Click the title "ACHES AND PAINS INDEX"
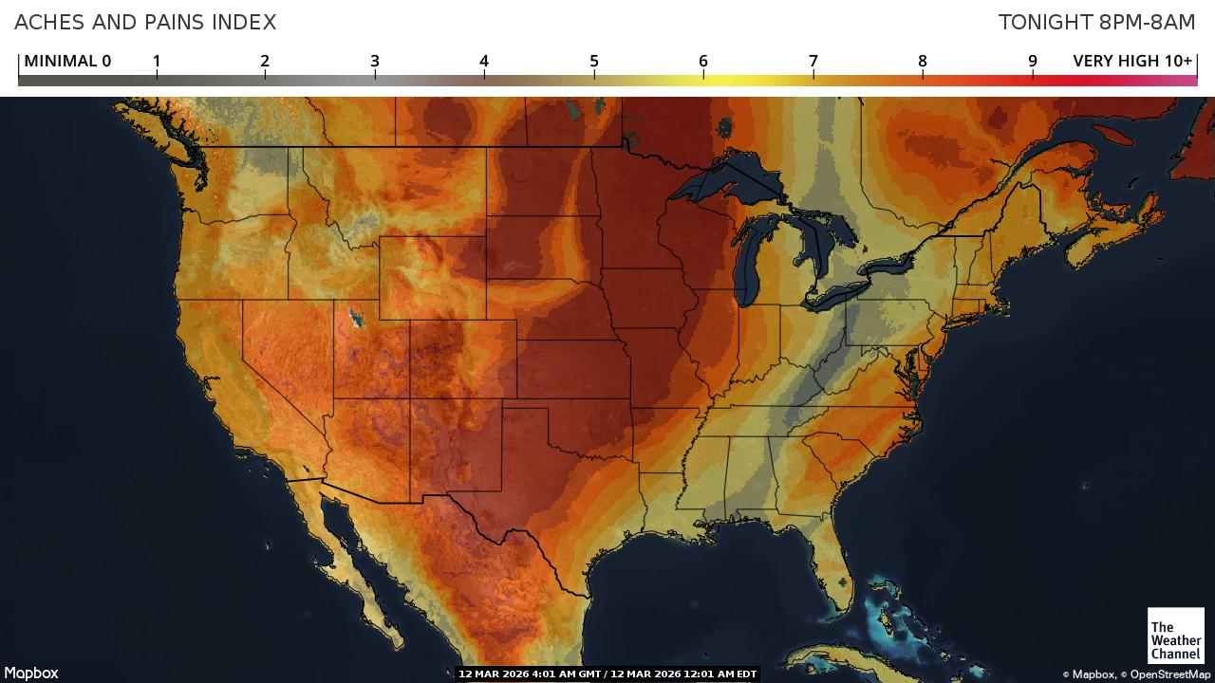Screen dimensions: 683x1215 [x=145, y=22]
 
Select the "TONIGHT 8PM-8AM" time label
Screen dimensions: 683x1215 [x=1096, y=22]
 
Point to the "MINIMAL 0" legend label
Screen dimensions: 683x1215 [x=67, y=61]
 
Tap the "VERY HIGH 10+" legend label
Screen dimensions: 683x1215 [x=1131, y=61]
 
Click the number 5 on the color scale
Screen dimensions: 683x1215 [x=594, y=61]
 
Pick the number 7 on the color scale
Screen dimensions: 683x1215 [x=813, y=61]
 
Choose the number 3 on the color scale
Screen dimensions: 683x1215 [x=375, y=61]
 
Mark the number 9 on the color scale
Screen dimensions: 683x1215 [x=1033, y=61]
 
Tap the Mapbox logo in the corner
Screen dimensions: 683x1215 [x=31, y=673]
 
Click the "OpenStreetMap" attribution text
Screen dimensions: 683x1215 [x=1170, y=674]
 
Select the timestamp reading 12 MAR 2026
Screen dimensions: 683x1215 [x=607, y=674]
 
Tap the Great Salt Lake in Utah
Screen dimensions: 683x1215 [x=357, y=317]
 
